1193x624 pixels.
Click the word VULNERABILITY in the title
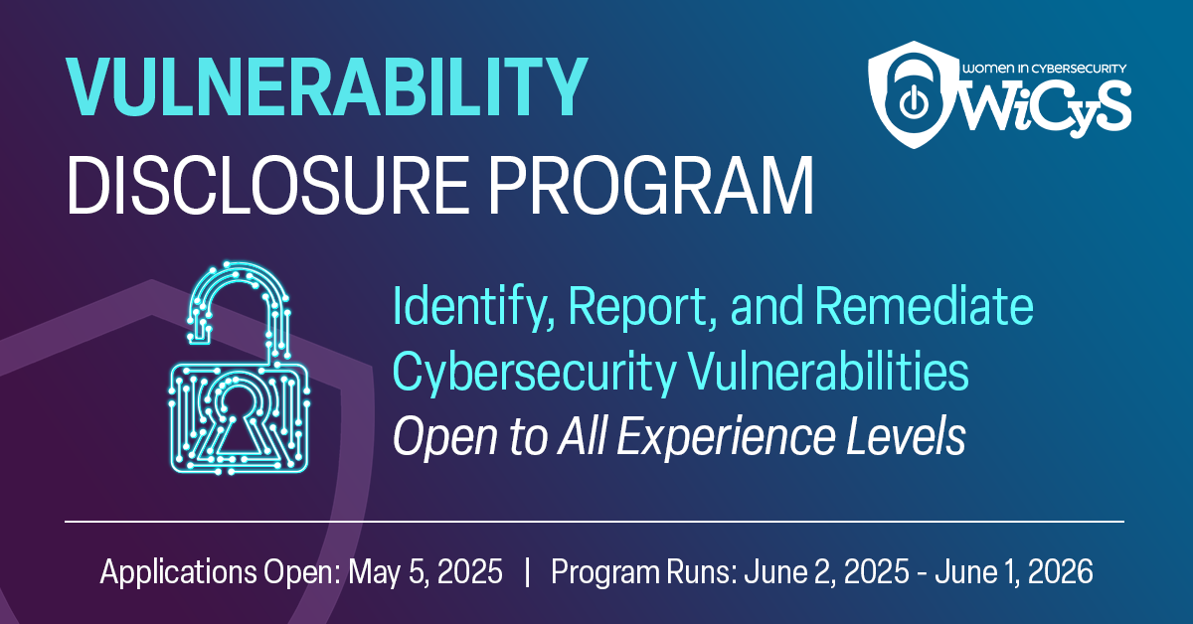[x=326, y=86]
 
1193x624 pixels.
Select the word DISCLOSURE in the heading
[x=267, y=185]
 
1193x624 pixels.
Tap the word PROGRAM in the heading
[x=651, y=185]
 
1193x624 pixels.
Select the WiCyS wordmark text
[x=1047, y=106]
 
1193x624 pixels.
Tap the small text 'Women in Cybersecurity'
[x=1044, y=69]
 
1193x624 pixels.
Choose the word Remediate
[x=924, y=306]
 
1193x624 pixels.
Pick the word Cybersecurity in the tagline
[x=534, y=373]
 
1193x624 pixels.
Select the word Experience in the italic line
[x=726, y=437]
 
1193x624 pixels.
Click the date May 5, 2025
[x=426, y=572]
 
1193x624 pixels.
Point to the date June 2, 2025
[x=826, y=571]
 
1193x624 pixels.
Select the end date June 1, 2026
[x=1014, y=571]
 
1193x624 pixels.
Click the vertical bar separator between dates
[x=527, y=572]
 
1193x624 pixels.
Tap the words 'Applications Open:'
[x=220, y=572]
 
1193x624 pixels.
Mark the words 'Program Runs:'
[x=644, y=572]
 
